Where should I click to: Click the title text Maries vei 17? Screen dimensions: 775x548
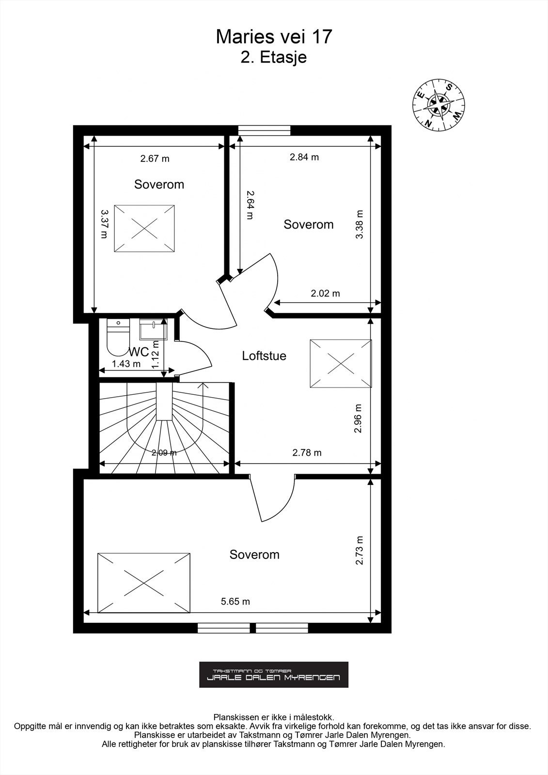[x=274, y=37]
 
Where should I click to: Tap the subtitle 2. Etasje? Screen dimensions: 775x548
[x=274, y=58]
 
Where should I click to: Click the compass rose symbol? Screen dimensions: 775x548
[x=438, y=105]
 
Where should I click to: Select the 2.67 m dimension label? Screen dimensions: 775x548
[x=155, y=158]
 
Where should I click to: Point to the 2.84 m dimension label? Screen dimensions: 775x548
[x=304, y=157]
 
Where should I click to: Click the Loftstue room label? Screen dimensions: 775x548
[x=264, y=356]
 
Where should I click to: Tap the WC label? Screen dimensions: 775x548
[x=139, y=352]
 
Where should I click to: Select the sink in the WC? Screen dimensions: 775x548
[x=153, y=330]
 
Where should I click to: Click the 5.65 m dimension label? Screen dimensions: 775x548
[x=235, y=602]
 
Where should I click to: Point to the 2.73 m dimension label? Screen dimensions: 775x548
[x=359, y=550]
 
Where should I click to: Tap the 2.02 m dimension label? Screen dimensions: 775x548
[x=325, y=294]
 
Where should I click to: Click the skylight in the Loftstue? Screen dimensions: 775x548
[x=341, y=363]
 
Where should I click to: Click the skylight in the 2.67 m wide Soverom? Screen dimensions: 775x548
[x=144, y=228]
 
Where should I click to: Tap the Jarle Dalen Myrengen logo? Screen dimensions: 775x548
[x=274, y=674]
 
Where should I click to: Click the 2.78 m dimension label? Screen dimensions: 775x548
[x=307, y=453]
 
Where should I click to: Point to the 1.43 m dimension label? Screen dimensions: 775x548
[x=126, y=364]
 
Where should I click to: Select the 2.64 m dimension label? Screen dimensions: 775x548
[x=250, y=205]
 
